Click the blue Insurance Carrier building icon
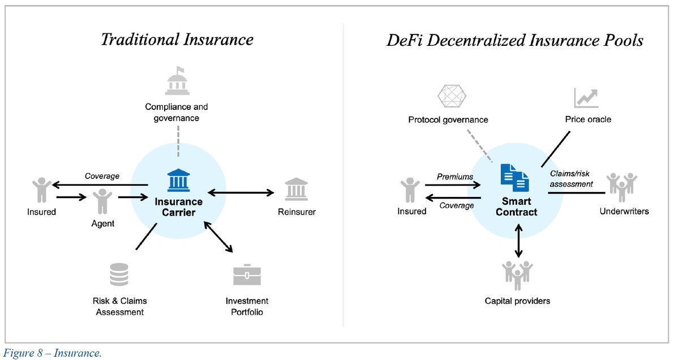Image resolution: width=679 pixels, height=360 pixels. [x=179, y=181]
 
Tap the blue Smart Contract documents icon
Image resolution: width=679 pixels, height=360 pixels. [x=515, y=178]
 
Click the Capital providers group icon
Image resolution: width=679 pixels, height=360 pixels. [x=518, y=275]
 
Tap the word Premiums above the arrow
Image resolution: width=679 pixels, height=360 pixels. [x=454, y=177]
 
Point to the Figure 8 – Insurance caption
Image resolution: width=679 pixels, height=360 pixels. [x=53, y=353]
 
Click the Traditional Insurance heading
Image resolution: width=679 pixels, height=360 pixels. [x=177, y=40]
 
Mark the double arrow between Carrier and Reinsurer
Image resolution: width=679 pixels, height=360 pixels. [x=240, y=193]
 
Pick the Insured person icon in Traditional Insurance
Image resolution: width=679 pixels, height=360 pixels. [x=41, y=190]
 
